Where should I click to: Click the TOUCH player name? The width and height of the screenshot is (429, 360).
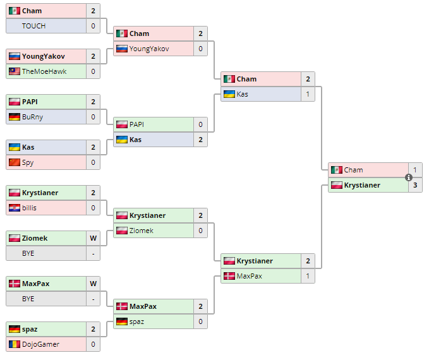[x=33, y=26]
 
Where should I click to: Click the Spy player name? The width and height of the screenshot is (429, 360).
[x=28, y=162]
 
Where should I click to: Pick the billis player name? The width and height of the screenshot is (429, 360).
[x=30, y=208]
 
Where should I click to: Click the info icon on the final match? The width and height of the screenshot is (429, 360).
[x=408, y=177]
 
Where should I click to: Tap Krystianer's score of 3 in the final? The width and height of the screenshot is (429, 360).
[x=414, y=185]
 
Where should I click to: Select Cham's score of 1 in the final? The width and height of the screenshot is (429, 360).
[x=414, y=170]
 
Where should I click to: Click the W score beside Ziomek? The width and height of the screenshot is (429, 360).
[x=93, y=238]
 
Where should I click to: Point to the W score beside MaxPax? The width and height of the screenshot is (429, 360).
[x=93, y=284]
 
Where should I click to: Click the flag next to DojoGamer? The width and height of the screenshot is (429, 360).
[x=14, y=344]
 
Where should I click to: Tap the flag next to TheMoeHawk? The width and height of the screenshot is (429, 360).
[x=14, y=71]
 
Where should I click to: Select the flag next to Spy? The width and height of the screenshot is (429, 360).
[x=14, y=162]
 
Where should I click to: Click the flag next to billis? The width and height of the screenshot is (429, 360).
[x=14, y=208]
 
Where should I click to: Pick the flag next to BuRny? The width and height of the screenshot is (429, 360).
[x=14, y=117]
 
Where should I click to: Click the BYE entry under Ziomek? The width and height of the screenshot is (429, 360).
[x=28, y=253]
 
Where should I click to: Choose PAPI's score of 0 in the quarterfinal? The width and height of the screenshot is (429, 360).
[x=200, y=124]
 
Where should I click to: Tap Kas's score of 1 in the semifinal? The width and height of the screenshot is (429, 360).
[x=308, y=94]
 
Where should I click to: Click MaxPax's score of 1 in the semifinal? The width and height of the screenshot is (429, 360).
[x=308, y=276]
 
